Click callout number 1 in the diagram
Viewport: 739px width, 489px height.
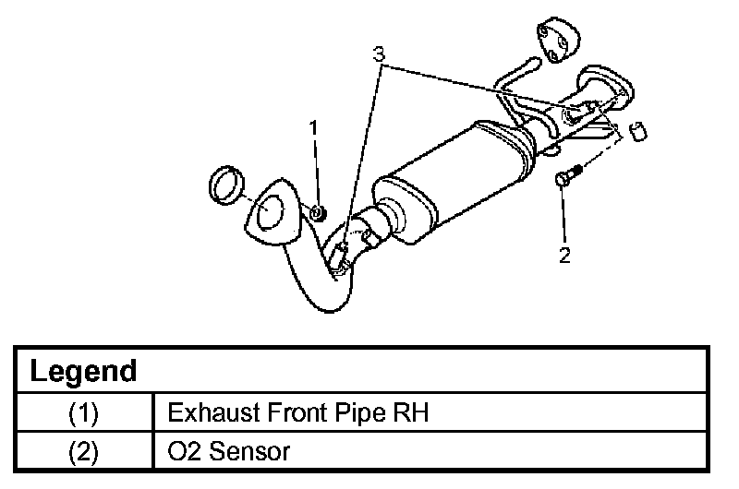[313, 127]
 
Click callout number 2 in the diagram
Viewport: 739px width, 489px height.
[564, 256]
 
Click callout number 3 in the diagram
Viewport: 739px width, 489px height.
[379, 54]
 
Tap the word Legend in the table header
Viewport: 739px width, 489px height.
[83, 371]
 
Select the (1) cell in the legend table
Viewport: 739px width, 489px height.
[84, 412]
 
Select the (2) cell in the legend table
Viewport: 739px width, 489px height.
[84, 451]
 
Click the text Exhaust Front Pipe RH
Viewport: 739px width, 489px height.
[297, 412]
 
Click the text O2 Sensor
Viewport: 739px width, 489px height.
[228, 451]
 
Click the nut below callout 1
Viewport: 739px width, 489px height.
[319, 213]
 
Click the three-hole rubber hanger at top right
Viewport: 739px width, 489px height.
[558, 40]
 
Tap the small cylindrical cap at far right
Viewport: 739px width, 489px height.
[638, 131]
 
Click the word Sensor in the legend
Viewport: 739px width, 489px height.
[249, 451]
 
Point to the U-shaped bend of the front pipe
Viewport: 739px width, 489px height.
[325, 306]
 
